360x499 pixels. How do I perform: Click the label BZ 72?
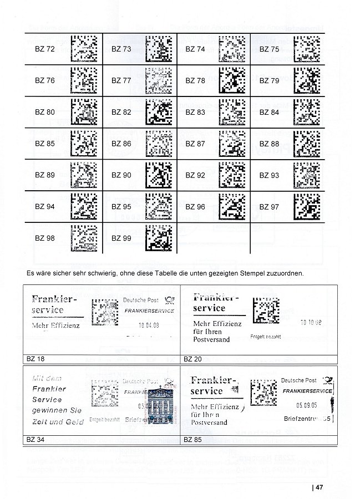click(44, 49)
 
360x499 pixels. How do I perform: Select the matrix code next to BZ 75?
click(306, 49)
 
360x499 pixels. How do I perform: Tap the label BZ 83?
click(195, 112)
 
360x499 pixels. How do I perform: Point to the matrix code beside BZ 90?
click(158, 175)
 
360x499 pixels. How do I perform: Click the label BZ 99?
click(121, 238)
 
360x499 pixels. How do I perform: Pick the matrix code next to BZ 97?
click(306, 206)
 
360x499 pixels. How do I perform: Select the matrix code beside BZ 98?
click(84, 238)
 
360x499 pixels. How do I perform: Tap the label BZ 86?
click(121, 144)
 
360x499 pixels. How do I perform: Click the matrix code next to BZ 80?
click(84, 112)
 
